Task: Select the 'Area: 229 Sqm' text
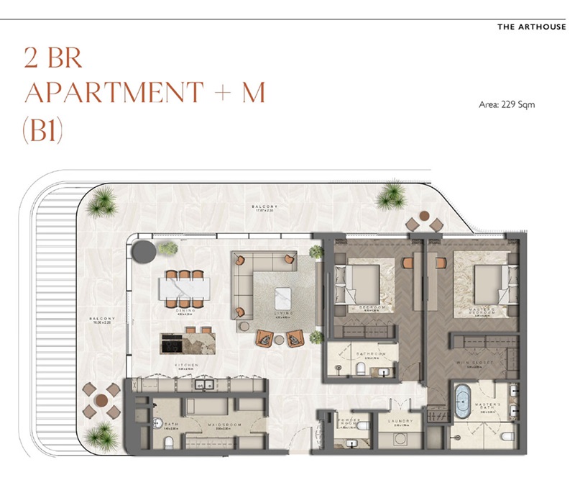[507, 104]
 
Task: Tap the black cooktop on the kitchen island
[170, 343]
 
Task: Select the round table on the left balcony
[101, 401]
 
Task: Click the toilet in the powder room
[363, 427]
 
